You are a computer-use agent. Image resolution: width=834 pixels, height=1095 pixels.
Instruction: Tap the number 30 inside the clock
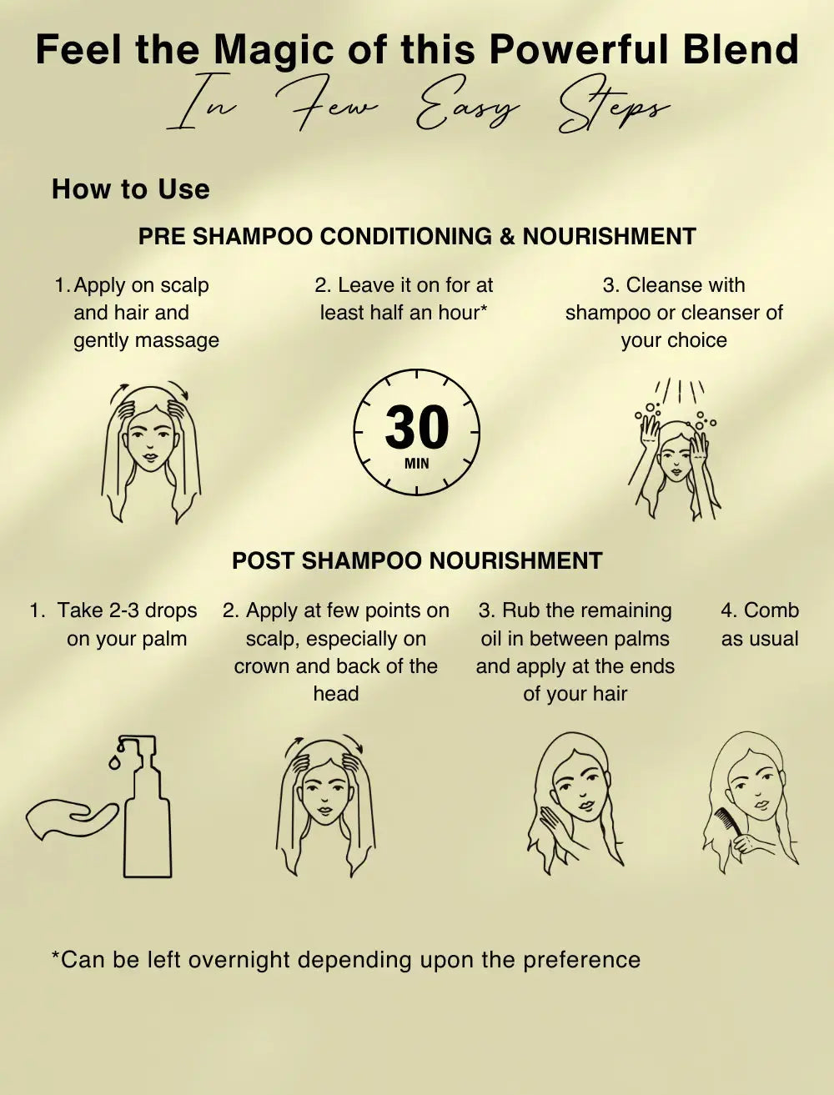pos(416,426)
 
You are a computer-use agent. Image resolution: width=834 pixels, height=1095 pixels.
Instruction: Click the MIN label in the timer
pos(416,464)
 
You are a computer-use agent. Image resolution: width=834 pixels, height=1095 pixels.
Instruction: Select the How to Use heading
pos(131,189)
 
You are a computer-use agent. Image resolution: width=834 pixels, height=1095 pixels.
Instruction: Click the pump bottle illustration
pos(144,807)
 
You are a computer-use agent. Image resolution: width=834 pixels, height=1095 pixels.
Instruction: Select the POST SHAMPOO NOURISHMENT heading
pos(417,560)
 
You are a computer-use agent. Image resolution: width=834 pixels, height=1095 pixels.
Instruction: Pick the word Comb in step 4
pos(771,610)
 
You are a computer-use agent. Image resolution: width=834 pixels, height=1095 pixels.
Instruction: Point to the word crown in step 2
pos(261,666)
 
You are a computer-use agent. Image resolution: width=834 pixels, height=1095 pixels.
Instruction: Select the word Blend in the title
pos(741,50)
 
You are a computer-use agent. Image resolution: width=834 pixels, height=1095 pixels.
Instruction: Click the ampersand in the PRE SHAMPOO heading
pos(507,236)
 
